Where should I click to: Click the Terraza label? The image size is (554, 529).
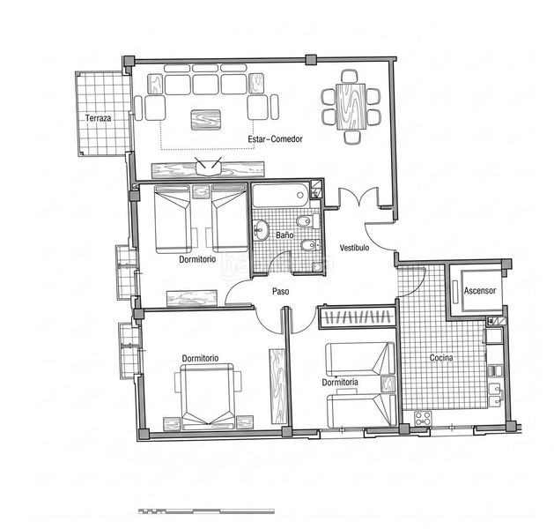(99, 118)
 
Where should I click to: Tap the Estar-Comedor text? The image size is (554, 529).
(275, 139)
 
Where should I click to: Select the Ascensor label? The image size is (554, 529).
(480, 291)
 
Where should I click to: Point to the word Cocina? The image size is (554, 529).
(441, 358)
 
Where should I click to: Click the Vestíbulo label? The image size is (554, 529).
(354, 248)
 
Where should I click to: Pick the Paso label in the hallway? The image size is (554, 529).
(281, 291)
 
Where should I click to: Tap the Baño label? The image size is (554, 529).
(284, 235)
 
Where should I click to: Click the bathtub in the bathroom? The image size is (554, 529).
(281, 196)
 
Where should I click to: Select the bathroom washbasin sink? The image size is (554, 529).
(261, 230)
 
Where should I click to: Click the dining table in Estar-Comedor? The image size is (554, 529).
(351, 107)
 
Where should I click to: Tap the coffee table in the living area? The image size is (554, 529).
(205, 120)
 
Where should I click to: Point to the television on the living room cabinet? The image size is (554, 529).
(209, 167)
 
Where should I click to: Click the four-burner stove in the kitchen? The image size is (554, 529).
(423, 419)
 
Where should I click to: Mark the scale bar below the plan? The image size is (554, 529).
(206, 511)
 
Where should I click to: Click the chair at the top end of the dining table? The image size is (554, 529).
(350, 77)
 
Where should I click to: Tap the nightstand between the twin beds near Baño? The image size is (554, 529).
(201, 191)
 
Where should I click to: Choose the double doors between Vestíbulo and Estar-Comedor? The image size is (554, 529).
(358, 197)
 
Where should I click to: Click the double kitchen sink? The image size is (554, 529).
(496, 395)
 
